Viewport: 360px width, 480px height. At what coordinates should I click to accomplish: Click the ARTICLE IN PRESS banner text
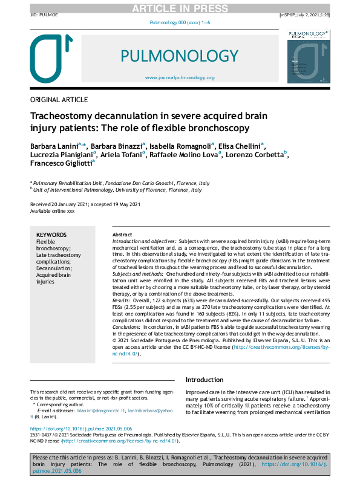pos(180,7)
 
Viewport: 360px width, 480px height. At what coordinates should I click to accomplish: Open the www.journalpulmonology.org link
pos(180,78)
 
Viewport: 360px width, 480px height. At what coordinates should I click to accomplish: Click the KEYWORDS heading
pos(51,235)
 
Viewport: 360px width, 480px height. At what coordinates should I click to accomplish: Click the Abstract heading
pos(122,235)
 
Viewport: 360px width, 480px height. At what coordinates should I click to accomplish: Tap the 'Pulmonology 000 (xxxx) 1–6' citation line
pos(180,22)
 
